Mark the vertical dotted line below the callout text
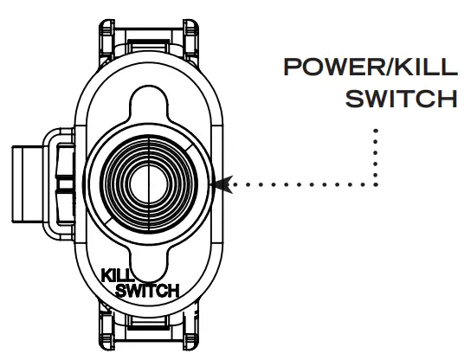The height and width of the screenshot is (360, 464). coord(377,156)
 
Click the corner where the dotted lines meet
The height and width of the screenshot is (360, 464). coord(377,184)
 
